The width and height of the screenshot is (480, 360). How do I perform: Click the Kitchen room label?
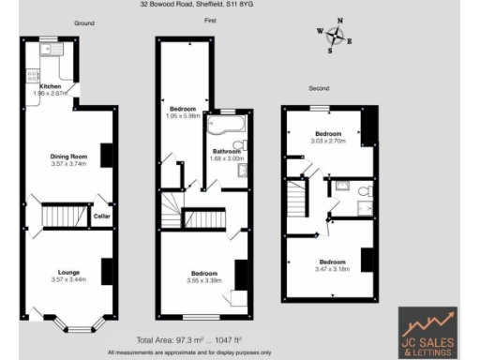point(51,87)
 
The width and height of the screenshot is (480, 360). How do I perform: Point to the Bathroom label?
point(227,152)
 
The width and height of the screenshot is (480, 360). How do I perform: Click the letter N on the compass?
point(340,21)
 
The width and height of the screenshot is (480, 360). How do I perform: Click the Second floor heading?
point(320,88)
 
